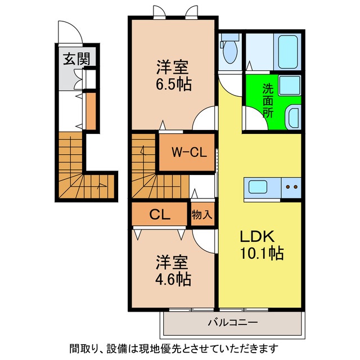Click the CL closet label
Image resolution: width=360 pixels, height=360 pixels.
point(160,214)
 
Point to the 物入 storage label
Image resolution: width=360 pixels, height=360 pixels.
point(201,214)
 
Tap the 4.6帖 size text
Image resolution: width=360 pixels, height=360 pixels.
point(173,278)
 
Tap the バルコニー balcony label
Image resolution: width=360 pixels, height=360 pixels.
point(232,323)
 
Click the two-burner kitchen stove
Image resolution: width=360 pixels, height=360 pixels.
point(291,187)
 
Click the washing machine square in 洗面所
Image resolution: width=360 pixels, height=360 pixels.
point(290,86)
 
